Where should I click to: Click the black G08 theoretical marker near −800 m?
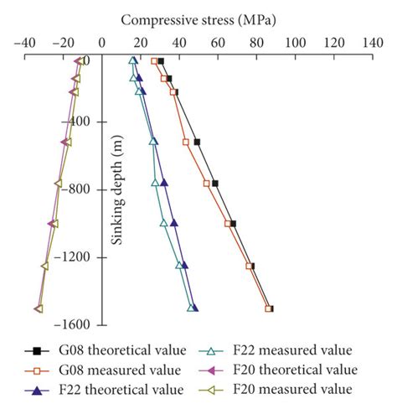(x=215, y=183)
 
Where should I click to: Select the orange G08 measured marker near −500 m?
(x=186, y=142)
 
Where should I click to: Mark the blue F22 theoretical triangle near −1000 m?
(x=174, y=223)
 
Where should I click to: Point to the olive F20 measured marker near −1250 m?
(x=44, y=266)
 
